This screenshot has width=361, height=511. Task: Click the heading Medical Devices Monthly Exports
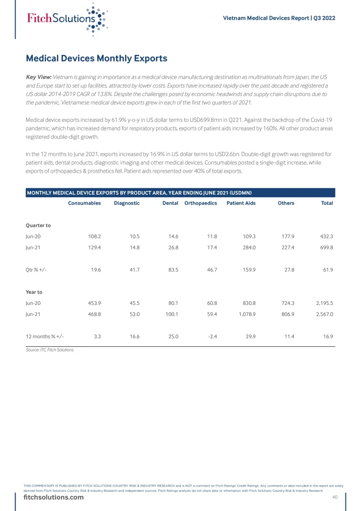[x=96, y=59]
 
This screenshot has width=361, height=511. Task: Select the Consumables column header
[x=85, y=203]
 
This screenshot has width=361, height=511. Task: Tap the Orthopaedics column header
[x=201, y=203]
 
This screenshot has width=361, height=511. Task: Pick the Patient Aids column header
[x=241, y=203]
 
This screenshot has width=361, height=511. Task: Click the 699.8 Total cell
[x=325, y=248]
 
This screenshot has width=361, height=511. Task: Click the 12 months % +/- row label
[x=45, y=336]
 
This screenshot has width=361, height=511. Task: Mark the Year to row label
[x=34, y=292]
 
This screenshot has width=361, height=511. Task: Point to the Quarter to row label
[x=38, y=225]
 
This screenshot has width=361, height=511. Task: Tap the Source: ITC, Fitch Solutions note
[x=49, y=350]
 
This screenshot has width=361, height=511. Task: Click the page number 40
[x=335, y=497]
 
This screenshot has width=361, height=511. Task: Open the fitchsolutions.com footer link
[x=54, y=497]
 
